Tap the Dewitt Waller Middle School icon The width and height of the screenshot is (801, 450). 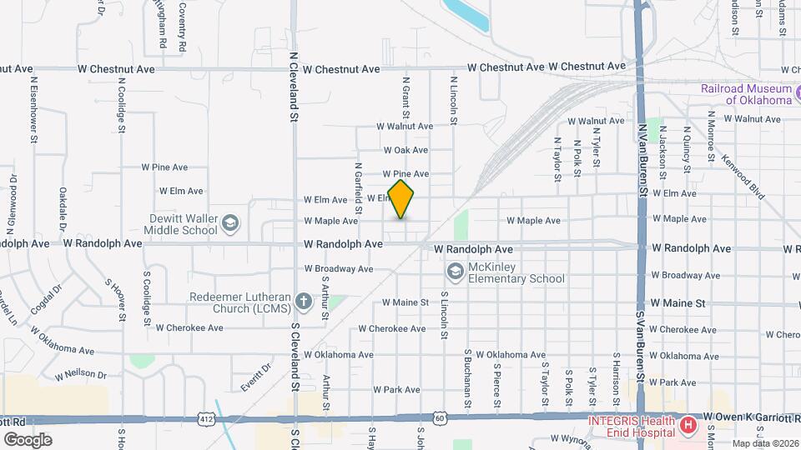click(231, 222)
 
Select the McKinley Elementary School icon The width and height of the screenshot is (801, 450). click(456, 270)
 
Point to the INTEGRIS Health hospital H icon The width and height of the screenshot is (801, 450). click(688, 427)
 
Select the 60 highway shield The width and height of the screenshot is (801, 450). click(440, 417)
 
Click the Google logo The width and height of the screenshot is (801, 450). click(28, 439)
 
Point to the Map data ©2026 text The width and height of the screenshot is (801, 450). click(766, 443)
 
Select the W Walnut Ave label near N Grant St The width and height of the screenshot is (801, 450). click(405, 127)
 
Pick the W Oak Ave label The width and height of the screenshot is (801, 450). click(406, 150)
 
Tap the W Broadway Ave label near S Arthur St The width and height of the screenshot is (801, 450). click(338, 269)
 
